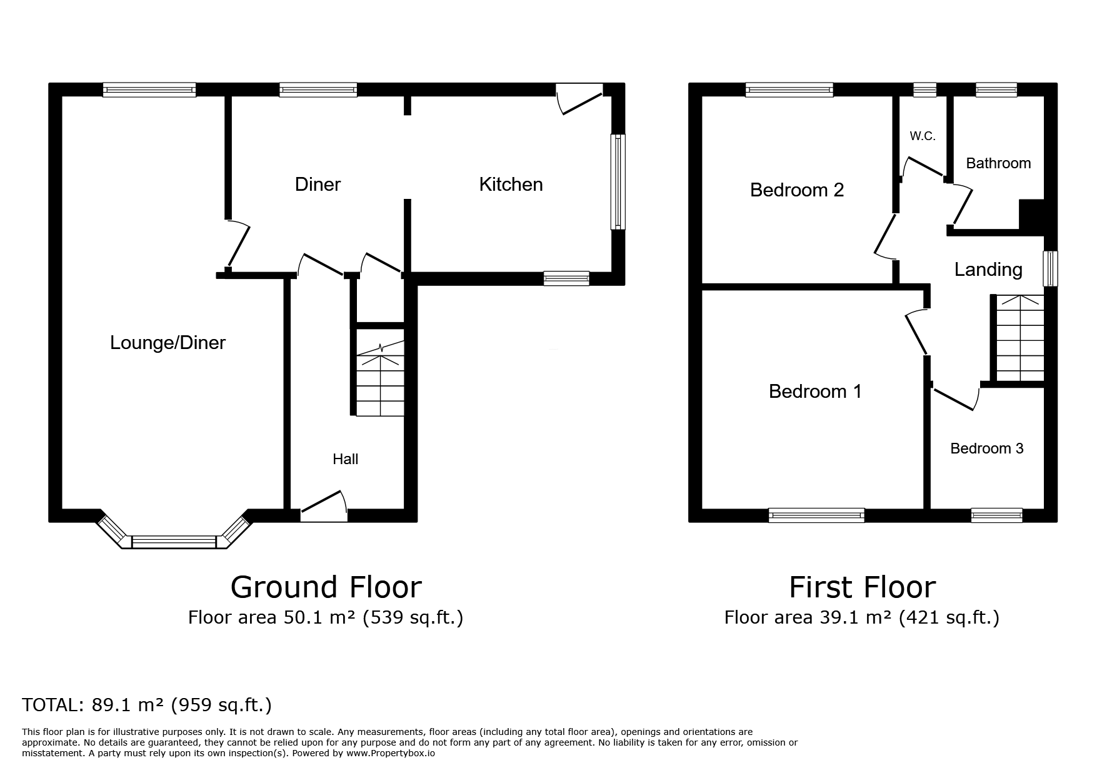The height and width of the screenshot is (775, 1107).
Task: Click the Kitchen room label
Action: click(x=511, y=185)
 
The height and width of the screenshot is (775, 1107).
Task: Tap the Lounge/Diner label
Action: click(x=168, y=343)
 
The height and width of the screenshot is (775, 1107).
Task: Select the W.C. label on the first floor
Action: click(x=923, y=136)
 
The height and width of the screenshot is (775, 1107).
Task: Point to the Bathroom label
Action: click(x=998, y=163)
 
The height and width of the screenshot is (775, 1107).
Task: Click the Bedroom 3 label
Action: click(x=987, y=448)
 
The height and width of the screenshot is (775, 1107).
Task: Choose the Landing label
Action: click(x=988, y=270)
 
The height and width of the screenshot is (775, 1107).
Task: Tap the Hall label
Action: click(x=345, y=459)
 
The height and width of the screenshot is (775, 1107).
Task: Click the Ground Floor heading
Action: click(x=326, y=587)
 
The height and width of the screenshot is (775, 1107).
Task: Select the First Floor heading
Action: click(x=862, y=587)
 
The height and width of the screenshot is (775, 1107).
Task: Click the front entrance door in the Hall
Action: click(x=324, y=506)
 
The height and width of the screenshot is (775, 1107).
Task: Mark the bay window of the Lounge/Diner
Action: click(x=174, y=532)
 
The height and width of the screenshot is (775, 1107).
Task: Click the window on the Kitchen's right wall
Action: click(x=618, y=181)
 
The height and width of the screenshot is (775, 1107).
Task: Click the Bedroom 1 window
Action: click(x=816, y=515)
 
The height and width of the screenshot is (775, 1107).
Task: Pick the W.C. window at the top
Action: click(x=925, y=90)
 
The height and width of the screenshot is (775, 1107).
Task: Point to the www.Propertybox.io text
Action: click(x=391, y=754)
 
